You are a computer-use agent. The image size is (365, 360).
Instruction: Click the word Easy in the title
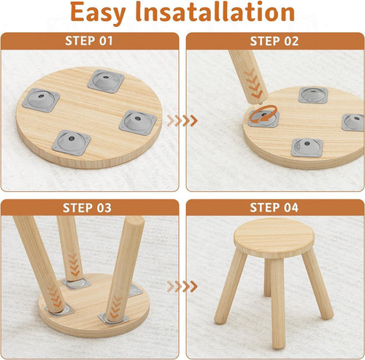tap(98, 13)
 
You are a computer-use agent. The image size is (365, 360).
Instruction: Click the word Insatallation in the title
tap(215, 12)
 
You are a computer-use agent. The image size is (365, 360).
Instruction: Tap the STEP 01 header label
tap(89, 41)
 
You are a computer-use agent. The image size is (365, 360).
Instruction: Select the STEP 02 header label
tap(274, 41)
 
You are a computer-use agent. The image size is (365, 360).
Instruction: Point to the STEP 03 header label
tap(87, 208)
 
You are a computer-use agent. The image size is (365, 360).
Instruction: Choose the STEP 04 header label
tap(274, 207)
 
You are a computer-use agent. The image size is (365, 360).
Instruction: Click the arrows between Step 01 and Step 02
tap(182, 120)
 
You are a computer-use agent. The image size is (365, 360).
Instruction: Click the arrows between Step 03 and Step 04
tap(182, 286)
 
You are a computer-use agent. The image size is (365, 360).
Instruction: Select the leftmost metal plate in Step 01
tap(41, 100)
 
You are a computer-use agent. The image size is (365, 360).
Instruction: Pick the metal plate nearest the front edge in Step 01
tap(72, 142)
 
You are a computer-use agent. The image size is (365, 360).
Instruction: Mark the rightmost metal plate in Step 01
tap(138, 123)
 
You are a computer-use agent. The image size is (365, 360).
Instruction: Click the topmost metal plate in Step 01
tap(106, 81)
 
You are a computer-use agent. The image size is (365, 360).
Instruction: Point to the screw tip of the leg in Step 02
tap(261, 104)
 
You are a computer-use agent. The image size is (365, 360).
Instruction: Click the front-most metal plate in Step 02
tap(307, 148)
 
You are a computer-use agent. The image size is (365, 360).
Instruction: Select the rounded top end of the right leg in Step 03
tap(134, 221)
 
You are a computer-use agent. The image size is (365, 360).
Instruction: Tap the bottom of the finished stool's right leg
tap(328, 315)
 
